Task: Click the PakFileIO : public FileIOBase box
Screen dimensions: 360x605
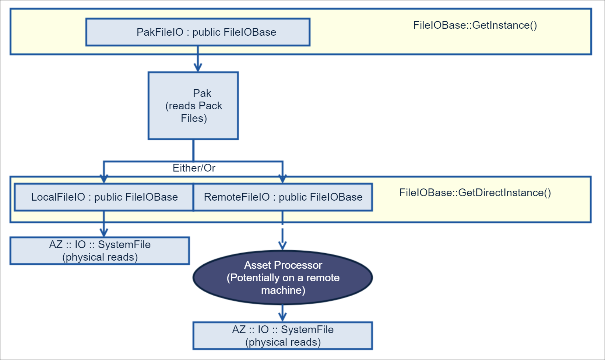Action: (x=198, y=32)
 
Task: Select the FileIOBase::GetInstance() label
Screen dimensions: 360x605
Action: (x=475, y=25)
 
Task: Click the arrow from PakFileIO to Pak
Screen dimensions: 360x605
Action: (x=198, y=59)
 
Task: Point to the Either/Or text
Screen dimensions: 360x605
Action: (x=194, y=168)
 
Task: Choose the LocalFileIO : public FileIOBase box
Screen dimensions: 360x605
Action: (x=104, y=197)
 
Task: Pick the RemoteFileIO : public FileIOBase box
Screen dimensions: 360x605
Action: (x=283, y=197)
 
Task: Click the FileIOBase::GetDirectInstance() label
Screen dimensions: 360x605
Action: (x=475, y=193)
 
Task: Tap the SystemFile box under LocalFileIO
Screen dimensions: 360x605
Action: (x=99, y=251)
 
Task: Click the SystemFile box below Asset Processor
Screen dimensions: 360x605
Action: (x=283, y=336)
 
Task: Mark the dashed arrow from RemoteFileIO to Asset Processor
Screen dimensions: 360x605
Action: (x=282, y=236)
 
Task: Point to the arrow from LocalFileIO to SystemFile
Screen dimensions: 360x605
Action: (x=104, y=225)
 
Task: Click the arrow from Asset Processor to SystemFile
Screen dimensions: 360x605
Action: (x=282, y=313)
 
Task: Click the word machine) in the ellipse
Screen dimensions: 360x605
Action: (x=283, y=290)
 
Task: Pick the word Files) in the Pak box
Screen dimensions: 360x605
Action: (x=194, y=119)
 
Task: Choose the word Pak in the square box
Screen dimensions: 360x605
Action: (x=202, y=93)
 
